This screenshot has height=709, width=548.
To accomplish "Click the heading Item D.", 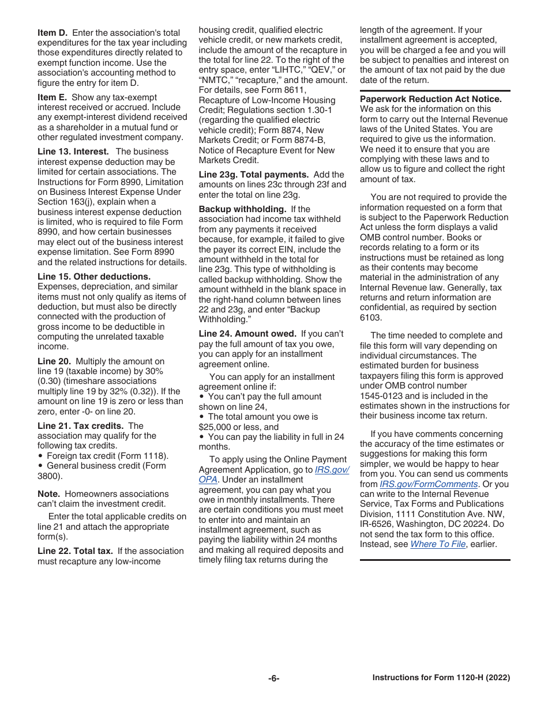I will (x=52, y=33).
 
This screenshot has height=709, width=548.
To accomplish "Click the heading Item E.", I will (x=52, y=97).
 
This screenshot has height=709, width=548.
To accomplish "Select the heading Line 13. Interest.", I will (x=73, y=152).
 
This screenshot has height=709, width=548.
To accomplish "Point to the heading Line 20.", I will (x=54, y=361).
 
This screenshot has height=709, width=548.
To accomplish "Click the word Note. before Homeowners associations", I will (x=48, y=494).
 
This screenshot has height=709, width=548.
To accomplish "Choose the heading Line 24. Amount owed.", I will (x=247, y=334).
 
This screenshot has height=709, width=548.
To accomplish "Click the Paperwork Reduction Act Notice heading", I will (x=431, y=99).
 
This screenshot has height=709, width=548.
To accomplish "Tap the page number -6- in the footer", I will (x=273, y=678).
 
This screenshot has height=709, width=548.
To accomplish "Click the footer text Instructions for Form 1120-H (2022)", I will (x=441, y=678).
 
